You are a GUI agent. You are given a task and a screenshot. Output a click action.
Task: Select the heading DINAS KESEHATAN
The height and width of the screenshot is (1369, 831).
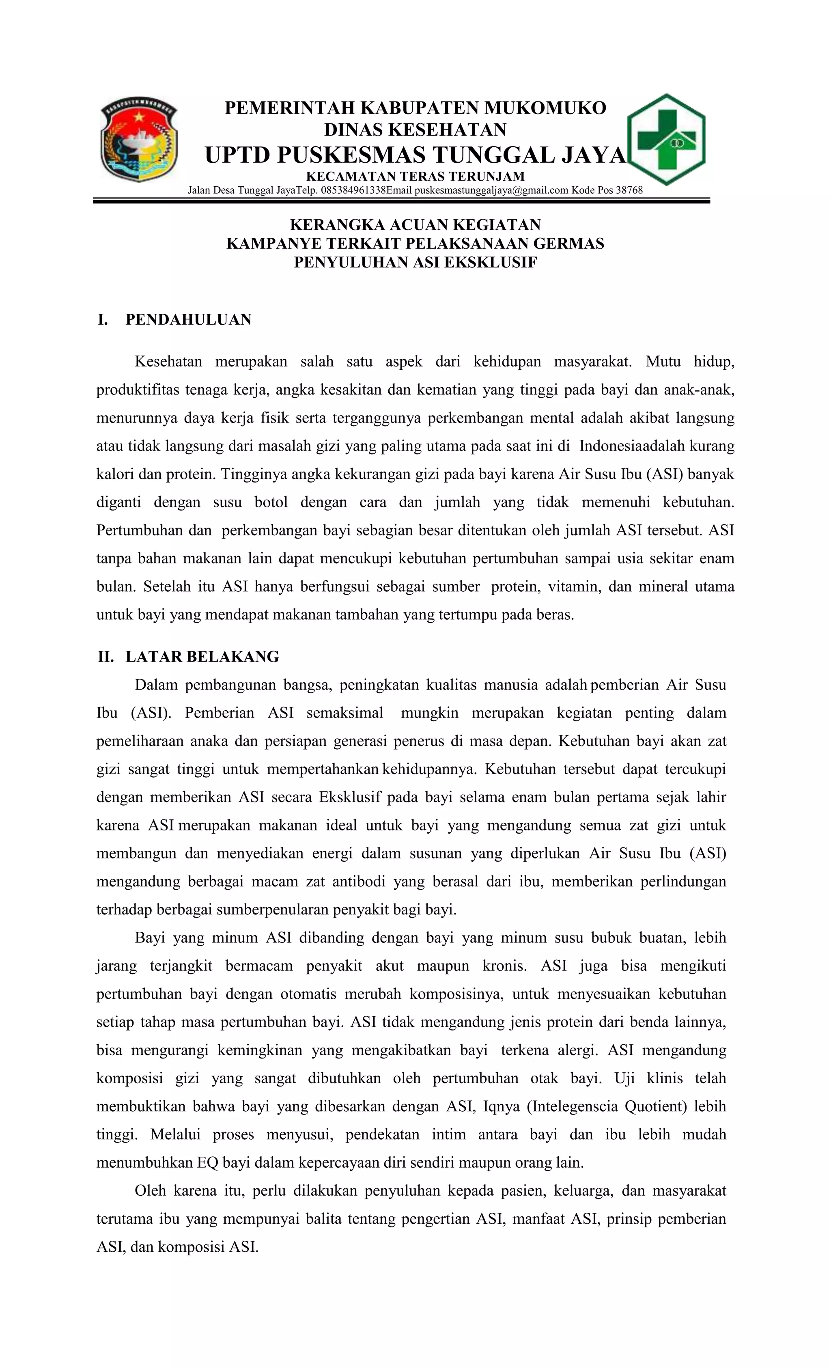click(415, 129)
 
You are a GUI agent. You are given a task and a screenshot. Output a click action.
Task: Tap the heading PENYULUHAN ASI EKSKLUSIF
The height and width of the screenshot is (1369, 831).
click(415, 262)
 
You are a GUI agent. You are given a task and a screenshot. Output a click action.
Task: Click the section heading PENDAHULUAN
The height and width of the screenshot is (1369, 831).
click(188, 319)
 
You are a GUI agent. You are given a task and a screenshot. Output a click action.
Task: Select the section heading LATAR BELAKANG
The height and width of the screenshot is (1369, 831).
click(202, 657)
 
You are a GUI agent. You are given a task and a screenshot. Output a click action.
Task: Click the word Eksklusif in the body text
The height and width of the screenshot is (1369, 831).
click(350, 797)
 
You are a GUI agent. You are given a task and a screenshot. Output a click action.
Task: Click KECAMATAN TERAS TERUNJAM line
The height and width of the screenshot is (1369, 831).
click(415, 177)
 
